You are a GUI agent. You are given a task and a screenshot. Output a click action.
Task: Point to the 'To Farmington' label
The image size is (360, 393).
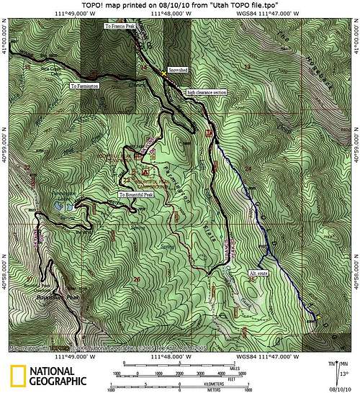pyautogui.click(x=86, y=86)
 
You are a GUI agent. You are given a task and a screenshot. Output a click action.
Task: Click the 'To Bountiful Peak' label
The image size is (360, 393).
pyautogui.click(x=136, y=195)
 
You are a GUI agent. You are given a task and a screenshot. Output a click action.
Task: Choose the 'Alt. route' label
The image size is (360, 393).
pyautogui.click(x=258, y=274)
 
